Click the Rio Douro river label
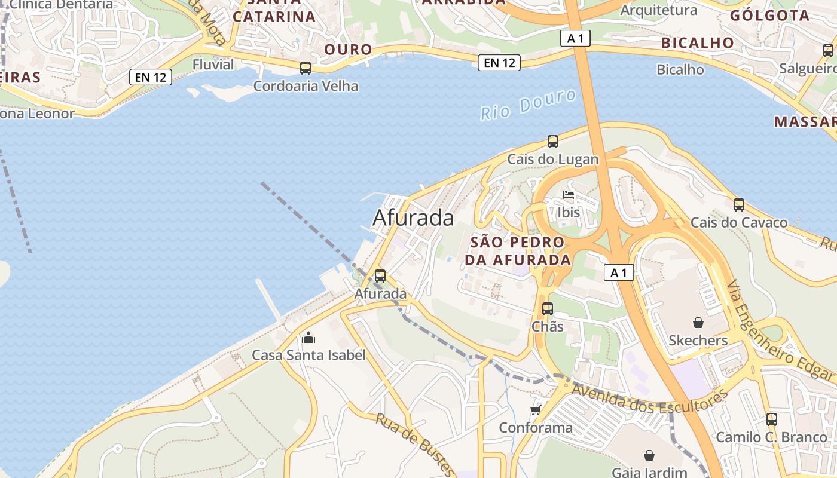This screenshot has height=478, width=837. point(529,104)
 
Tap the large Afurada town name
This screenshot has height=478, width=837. point(413,218)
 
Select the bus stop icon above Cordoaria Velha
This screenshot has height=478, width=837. point(306,68)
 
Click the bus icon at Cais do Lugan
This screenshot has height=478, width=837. point(553,142)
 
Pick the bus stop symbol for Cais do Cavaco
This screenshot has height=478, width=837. point(739,205)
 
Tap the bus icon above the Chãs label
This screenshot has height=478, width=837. point(548,309)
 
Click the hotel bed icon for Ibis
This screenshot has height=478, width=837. point(569,195)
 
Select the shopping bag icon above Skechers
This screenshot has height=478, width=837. point(698,323)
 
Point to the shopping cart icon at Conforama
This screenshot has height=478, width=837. point(536,410)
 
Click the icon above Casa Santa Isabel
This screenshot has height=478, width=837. point(308,338)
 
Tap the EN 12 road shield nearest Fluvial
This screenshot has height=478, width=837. point(151,76)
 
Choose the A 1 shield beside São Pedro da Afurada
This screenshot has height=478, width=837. point(618,272)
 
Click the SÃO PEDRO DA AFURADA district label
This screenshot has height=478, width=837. point(518,251)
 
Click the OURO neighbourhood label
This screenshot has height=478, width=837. point(348,49)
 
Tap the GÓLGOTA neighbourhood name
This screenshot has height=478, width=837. point(769,16)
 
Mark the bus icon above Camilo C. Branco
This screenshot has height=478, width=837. point(772,419)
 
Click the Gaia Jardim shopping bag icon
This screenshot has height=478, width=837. point(649,456)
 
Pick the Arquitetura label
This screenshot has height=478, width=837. point(658,10)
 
